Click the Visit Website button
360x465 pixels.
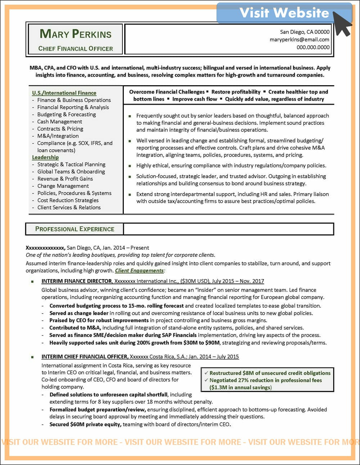(x=284, y=13)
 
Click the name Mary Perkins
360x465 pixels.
(x=76, y=34)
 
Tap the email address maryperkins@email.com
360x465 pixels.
(x=300, y=40)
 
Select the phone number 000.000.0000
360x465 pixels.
(x=313, y=47)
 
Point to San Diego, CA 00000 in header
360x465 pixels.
(x=305, y=32)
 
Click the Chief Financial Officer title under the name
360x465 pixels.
(x=76, y=49)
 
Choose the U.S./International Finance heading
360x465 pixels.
(x=64, y=93)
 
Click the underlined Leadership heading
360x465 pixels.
(x=45, y=157)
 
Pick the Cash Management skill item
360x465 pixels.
(x=60, y=122)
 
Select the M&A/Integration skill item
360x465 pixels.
(x=58, y=136)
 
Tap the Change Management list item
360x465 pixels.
(x=63, y=186)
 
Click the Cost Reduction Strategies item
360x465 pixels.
(x=68, y=200)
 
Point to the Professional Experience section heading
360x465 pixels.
(x=75, y=229)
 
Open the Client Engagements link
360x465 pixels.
(x=139, y=270)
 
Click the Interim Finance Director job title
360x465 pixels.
(x=77, y=281)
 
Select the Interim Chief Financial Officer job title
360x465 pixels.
(x=85, y=356)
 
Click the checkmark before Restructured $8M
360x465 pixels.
(x=206, y=373)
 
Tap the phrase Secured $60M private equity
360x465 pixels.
(x=85, y=424)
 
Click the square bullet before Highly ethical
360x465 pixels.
(x=130, y=166)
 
